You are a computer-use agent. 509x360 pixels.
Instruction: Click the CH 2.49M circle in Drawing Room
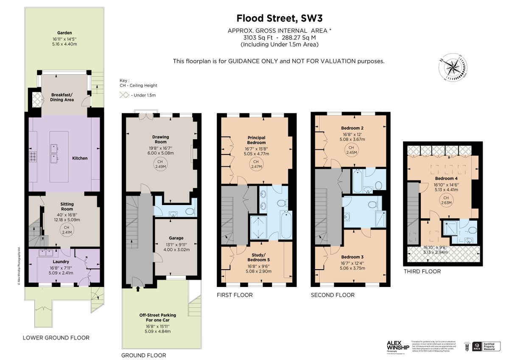[160, 164]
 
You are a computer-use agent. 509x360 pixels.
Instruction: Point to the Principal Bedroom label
[256, 140]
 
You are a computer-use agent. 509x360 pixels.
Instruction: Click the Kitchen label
[80, 158]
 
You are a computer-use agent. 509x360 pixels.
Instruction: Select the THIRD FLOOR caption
[422, 271]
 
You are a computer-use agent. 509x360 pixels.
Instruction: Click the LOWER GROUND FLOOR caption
[56, 338]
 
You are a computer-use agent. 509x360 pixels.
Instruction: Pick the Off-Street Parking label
[157, 315]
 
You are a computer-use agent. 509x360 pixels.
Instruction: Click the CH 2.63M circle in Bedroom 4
[445, 200]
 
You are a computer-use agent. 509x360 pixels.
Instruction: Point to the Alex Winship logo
[397, 344]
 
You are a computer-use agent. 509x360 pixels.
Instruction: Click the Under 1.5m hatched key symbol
[125, 95]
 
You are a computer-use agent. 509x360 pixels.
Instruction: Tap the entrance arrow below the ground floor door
[138, 290]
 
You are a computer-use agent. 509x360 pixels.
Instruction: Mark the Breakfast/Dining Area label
[62, 97]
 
